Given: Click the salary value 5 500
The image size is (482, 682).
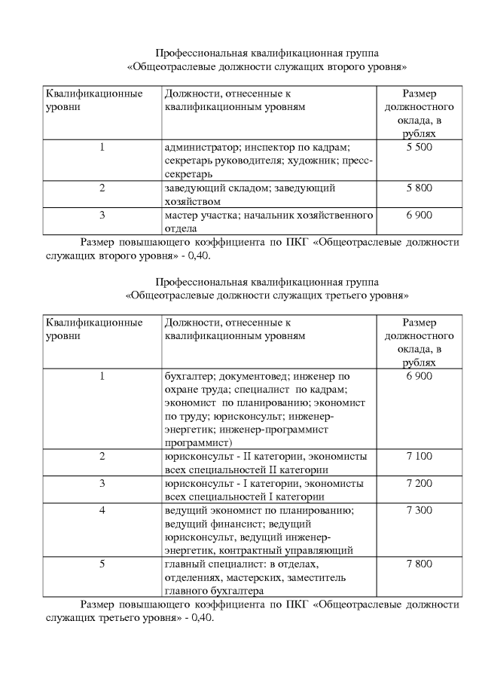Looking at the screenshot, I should click(419, 148).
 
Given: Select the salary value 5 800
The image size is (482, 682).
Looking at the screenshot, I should click(419, 188).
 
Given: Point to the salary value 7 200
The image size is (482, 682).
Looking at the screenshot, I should click(419, 483).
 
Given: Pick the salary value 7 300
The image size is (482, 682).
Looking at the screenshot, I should click(419, 510).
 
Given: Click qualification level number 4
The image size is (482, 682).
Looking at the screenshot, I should click(102, 510).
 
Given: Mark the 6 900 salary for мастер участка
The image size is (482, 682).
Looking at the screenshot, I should click(419, 216).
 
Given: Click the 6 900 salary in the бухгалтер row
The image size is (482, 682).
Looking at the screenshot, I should click(419, 375).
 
